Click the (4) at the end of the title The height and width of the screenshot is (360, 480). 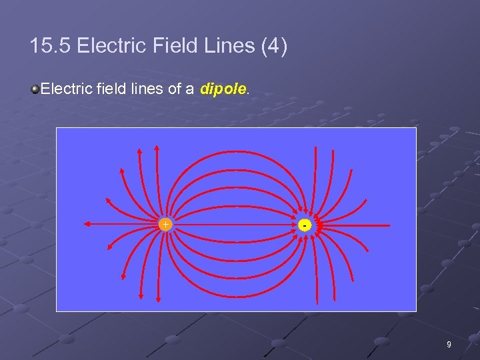point(273,46)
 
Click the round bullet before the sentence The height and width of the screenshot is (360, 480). point(34,89)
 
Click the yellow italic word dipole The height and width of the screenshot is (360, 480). point(223,88)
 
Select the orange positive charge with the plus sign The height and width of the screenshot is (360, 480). point(165,225)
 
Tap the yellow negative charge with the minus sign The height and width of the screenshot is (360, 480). point(304,225)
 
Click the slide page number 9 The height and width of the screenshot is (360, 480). point(449,345)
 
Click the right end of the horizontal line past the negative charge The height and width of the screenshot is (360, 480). point(389,226)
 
